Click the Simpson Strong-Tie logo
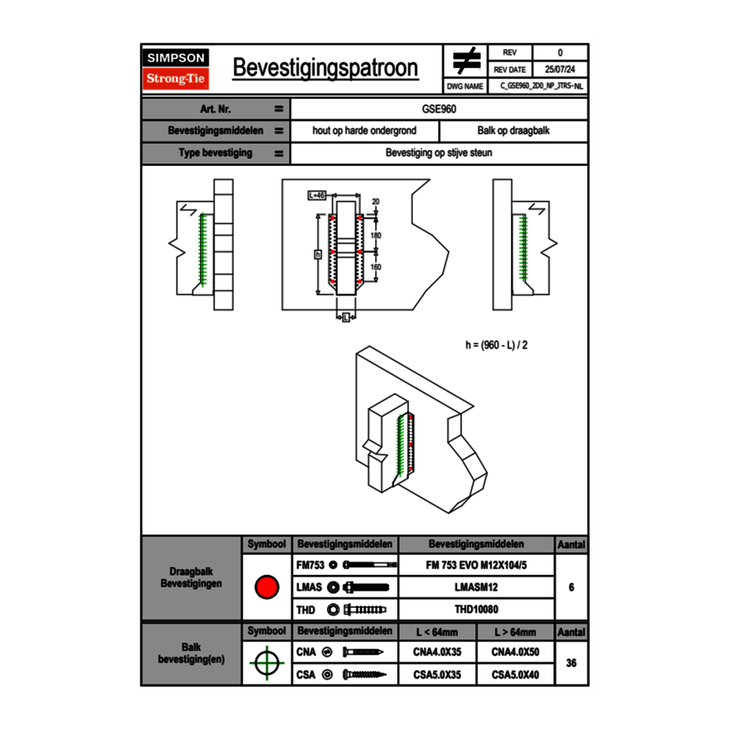(x=177, y=69)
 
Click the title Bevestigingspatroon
(x=324, y=68)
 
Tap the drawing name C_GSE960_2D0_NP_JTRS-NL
(x=543, y=85)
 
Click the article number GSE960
(x=439, y=109)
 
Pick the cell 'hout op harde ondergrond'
(x=364, y=131)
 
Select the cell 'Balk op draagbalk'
(x=513, y=131)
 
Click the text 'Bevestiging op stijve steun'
(x=439, y=153)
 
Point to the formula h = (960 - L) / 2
(x=496, y=344)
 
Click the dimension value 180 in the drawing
(x=375, y=236)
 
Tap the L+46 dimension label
(x=316, y=196)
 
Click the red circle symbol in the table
(x=266, y=587)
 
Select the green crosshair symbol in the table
(x=266, y=663)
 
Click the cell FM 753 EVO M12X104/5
(x=475, y=565)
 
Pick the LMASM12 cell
(x=475, y=587)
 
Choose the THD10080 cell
(x=475, y=610)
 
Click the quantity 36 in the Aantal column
(x=571, y=663)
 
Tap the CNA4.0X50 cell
(x=515, y=652)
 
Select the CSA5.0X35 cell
(x=437, y=674)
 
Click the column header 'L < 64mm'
(x=437, y=632)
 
